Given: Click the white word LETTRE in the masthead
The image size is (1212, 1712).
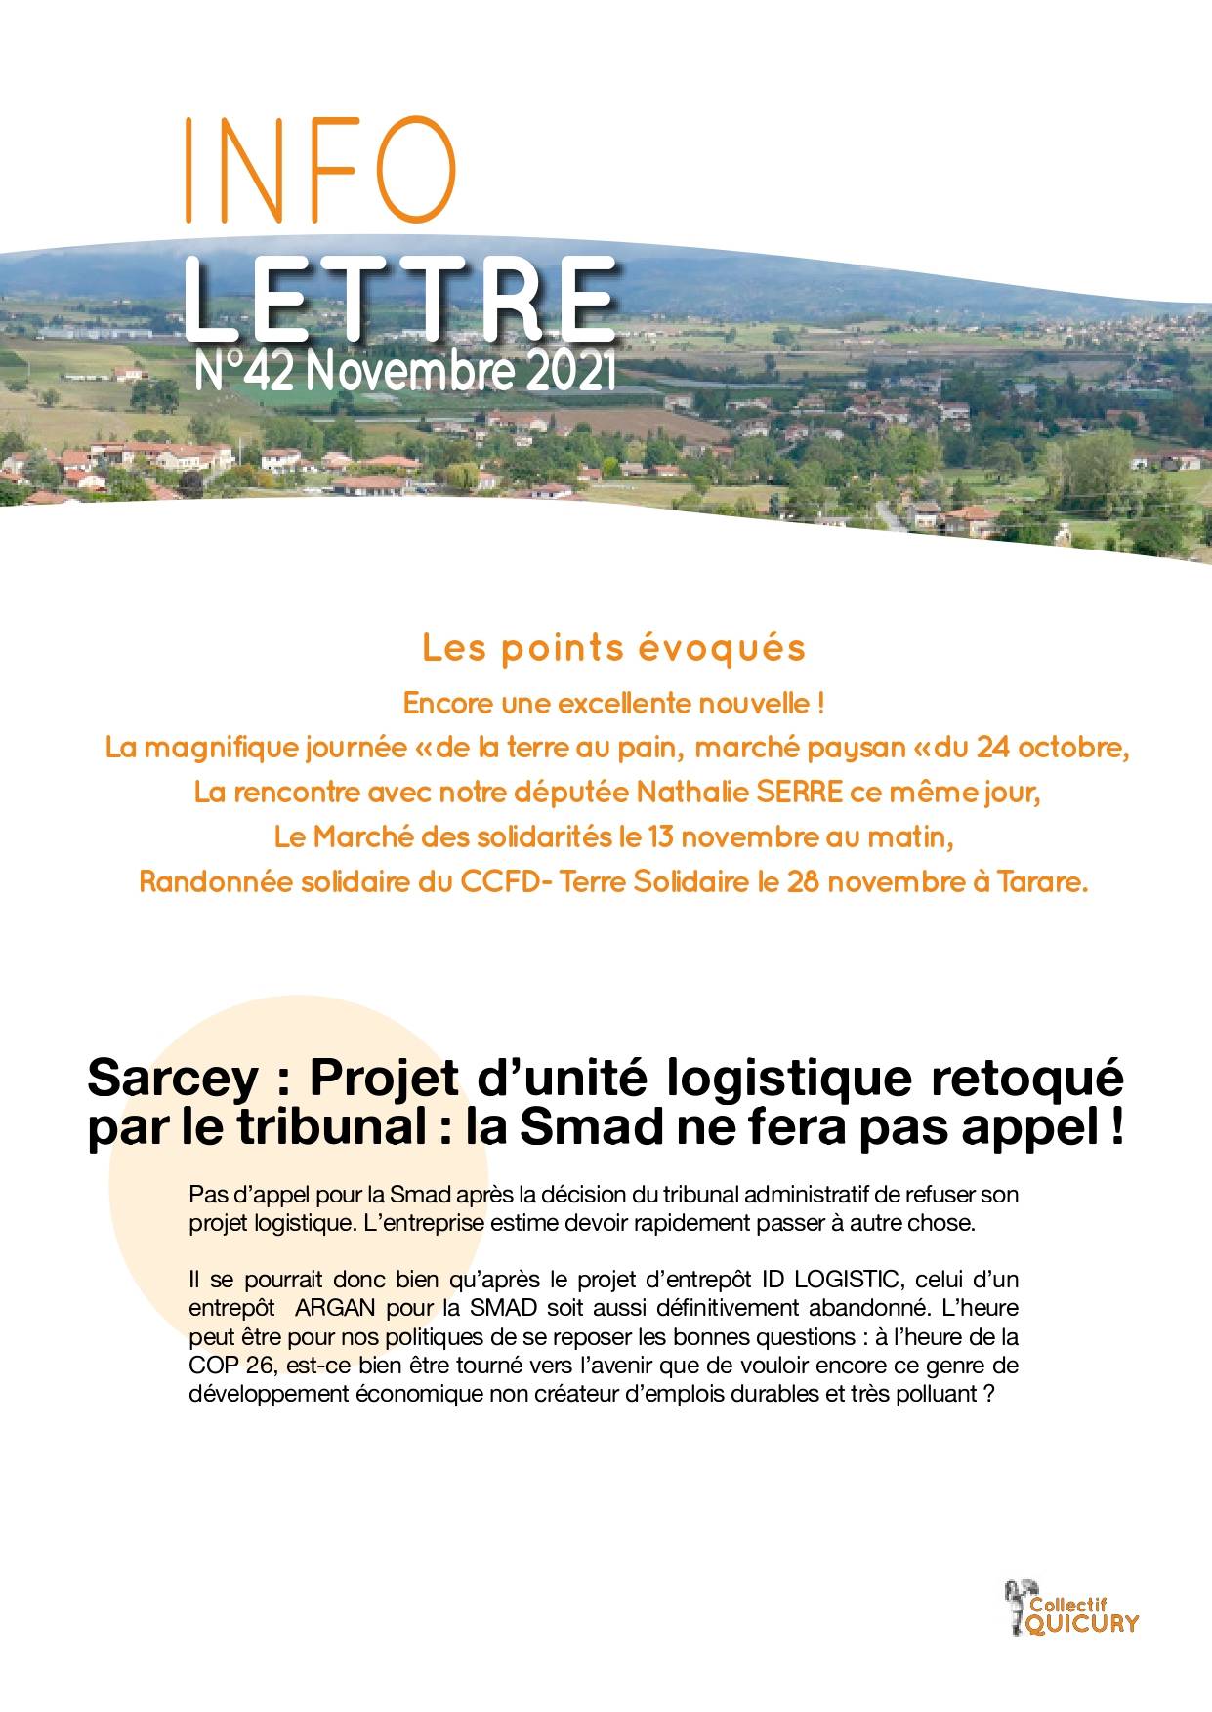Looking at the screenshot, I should [399, 302].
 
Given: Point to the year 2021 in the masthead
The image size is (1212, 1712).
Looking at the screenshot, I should [571, 372].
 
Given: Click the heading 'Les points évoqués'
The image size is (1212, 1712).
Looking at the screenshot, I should [613, 649].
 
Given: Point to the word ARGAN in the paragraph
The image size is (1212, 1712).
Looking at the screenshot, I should [335, 1307].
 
